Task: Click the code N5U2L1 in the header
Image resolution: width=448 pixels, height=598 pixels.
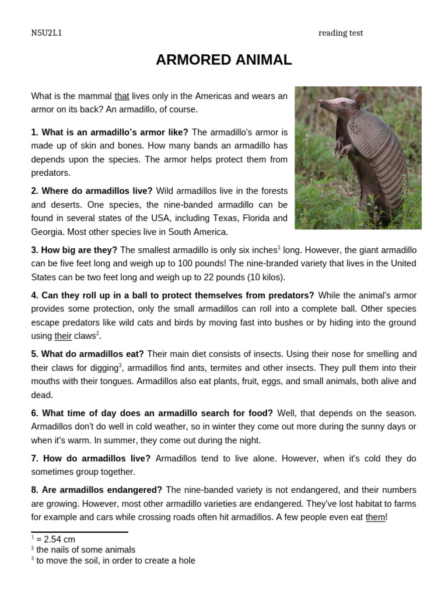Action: point(46,33)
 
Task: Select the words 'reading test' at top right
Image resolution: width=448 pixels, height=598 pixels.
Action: point(341,33)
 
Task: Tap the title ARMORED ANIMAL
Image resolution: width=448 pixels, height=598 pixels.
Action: point(223,60)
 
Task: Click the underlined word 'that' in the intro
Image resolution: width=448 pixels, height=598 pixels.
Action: point(121,96)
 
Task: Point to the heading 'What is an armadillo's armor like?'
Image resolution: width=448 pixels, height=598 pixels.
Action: point(110,132)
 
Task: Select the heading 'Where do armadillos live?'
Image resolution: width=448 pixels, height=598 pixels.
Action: point(92,191)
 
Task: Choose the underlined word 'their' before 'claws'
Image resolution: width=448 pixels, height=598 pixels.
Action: point(63,336)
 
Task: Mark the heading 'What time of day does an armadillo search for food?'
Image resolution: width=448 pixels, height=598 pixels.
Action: point(152,413)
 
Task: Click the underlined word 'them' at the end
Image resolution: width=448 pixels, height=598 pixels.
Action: point(375,517)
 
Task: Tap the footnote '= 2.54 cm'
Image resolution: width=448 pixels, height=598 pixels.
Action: point(55,540)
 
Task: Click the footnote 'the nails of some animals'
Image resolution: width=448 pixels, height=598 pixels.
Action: point(85,550)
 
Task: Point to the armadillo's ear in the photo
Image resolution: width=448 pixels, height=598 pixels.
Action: point(360,99)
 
